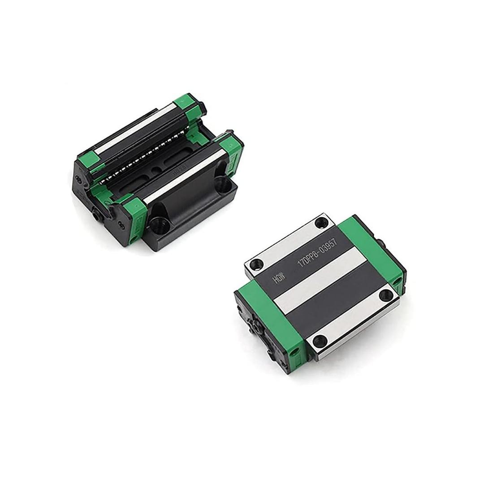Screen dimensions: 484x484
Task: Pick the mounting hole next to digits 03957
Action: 321,223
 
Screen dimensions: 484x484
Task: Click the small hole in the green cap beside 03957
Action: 396,281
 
